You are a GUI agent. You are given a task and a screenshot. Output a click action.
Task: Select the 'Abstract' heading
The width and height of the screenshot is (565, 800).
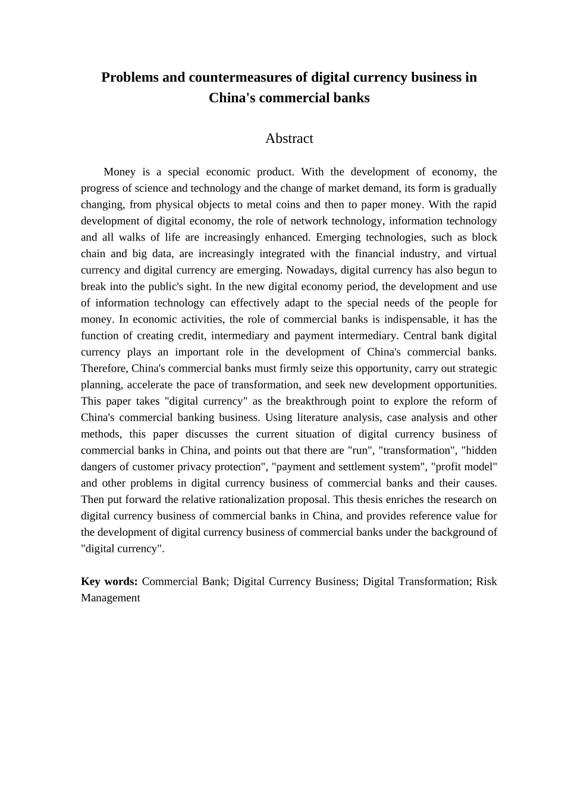coord(289,138)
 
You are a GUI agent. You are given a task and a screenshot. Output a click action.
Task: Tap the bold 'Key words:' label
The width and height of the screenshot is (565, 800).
coord(109,582)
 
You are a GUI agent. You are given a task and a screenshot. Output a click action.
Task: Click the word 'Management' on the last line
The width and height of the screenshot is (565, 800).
coord(111,598)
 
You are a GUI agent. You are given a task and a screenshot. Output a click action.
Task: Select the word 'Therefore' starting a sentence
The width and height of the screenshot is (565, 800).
coord(105,368)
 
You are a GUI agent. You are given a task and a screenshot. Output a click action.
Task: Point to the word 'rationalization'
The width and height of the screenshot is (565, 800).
coord(285,499)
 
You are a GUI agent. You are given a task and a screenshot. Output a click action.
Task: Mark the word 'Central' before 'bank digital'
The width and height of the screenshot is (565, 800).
coord(423,336)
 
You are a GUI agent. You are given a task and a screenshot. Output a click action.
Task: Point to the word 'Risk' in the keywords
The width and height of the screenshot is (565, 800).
coord(486,582)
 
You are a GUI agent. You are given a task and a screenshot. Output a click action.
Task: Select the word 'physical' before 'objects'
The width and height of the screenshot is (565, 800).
coord(172,205)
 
